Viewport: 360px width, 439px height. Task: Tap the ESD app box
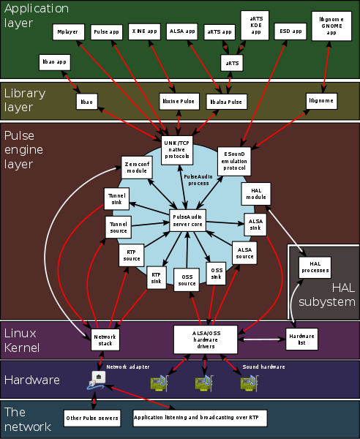[x=290, y=33]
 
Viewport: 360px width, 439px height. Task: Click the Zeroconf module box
[x=136, y=168]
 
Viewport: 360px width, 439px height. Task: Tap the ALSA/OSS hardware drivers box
[x=207, y=339]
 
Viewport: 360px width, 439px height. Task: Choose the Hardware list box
[x=296, y=338]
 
